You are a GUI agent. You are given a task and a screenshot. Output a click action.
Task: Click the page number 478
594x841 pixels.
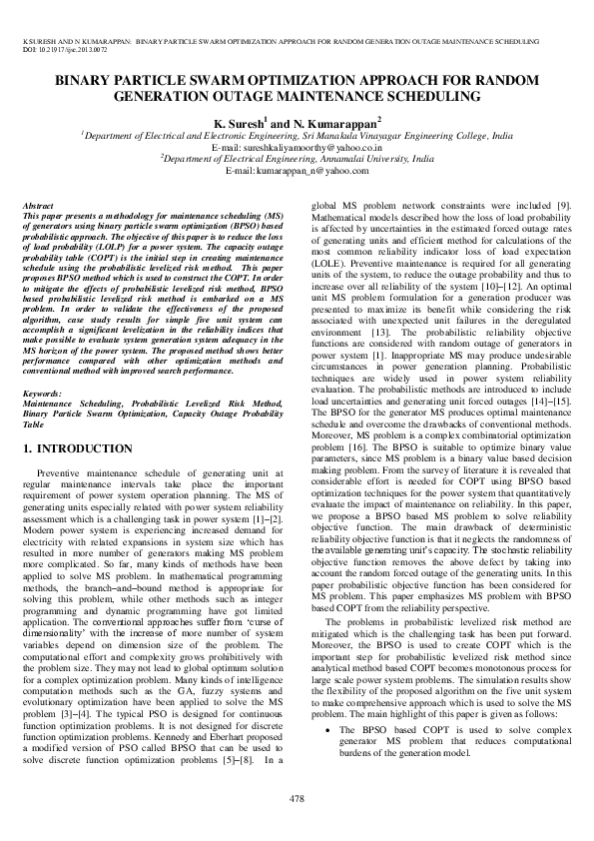[297, 798]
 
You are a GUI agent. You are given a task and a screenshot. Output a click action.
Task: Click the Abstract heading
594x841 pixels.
[38, 205]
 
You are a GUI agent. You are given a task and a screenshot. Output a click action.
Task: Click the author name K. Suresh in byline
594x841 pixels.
[239, 122]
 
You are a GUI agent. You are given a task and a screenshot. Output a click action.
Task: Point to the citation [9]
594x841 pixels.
[564, 205]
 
